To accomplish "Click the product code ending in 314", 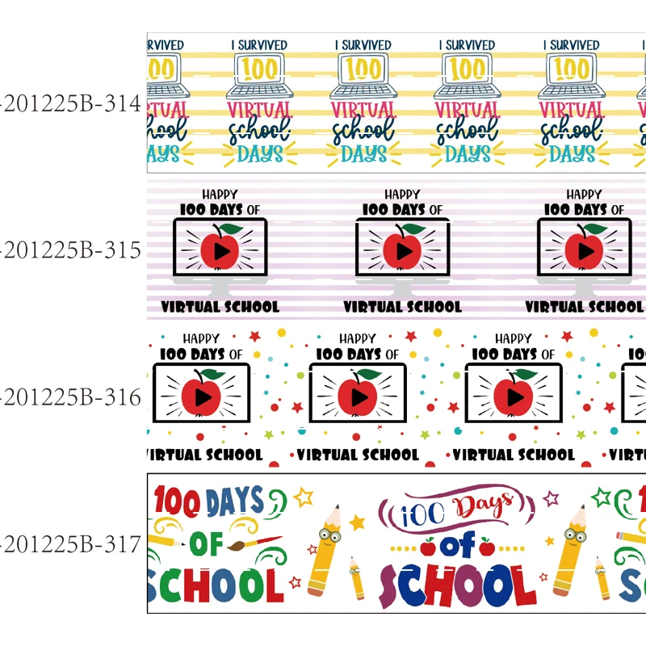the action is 71,104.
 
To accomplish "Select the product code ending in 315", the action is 71,251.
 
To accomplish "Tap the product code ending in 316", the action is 71,398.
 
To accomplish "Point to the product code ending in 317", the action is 71,545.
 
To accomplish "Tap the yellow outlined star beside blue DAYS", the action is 304,496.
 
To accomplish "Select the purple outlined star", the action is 551,497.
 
